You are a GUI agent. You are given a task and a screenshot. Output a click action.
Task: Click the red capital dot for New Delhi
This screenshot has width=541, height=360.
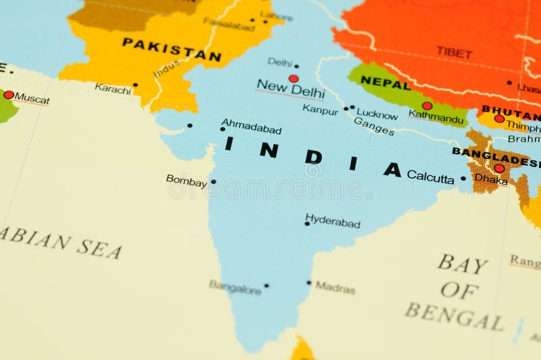(x=293, y=78)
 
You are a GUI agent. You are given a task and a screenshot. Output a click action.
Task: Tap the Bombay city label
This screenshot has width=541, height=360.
(x=187, y=181)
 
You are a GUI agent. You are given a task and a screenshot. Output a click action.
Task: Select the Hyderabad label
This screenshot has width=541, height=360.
(x=333, y=221)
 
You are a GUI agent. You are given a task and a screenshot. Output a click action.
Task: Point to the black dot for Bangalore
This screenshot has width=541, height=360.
(x=266, y=286)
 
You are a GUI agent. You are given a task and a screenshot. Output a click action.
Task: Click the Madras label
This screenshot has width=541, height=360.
(x=335, y=287)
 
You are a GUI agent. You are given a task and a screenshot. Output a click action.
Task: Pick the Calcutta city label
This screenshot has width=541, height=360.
(x=430, y=177)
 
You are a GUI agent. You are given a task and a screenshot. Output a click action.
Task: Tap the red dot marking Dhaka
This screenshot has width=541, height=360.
(x=499, y=168)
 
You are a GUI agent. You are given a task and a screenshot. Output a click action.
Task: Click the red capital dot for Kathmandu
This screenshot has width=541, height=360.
(x=427, y=106)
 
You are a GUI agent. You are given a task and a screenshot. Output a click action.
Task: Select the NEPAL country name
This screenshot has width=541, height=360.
(x=385, y=83)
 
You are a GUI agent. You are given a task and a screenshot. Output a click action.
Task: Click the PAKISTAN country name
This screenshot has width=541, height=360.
(x=172, y=50)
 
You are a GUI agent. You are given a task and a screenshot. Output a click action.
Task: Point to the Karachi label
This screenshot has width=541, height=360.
(x=113, y=88)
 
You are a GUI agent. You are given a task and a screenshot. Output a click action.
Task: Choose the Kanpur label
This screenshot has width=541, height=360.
(x=320, y=109)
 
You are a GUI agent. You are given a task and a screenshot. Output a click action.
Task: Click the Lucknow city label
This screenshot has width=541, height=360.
(x=377, y=114)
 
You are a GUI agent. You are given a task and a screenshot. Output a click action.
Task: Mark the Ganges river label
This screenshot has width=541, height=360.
(x=373, y=126)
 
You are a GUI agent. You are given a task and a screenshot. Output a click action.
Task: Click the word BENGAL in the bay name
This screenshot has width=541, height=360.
(x=454, y=315)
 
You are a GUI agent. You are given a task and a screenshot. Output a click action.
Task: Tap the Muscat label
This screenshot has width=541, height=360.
(x=32, y=99)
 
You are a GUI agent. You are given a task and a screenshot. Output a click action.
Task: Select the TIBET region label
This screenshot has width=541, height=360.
(x=454, y=51)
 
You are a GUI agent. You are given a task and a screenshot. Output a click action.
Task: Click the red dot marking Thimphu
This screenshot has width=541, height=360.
(x=499, y=118)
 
